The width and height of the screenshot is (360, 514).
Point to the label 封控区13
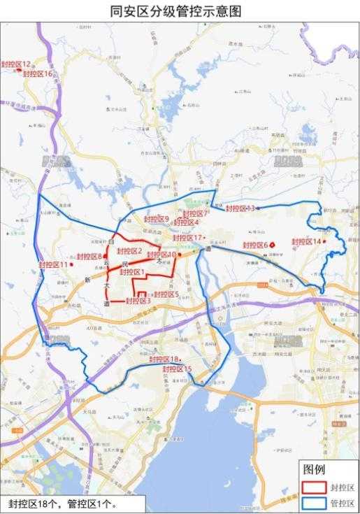pos(240,208)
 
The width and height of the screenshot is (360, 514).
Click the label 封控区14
pos(307,241)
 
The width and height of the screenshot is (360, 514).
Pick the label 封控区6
pos(256,245)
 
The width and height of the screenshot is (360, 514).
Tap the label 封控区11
pos(54,264)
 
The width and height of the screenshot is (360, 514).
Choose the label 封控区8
pos(89,257)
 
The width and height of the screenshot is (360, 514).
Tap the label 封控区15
pos(177,369)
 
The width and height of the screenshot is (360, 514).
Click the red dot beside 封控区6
pos(273,245)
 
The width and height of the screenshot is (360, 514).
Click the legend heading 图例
pos(313,469)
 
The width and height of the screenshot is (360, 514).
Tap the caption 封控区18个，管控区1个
pos(63,504)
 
